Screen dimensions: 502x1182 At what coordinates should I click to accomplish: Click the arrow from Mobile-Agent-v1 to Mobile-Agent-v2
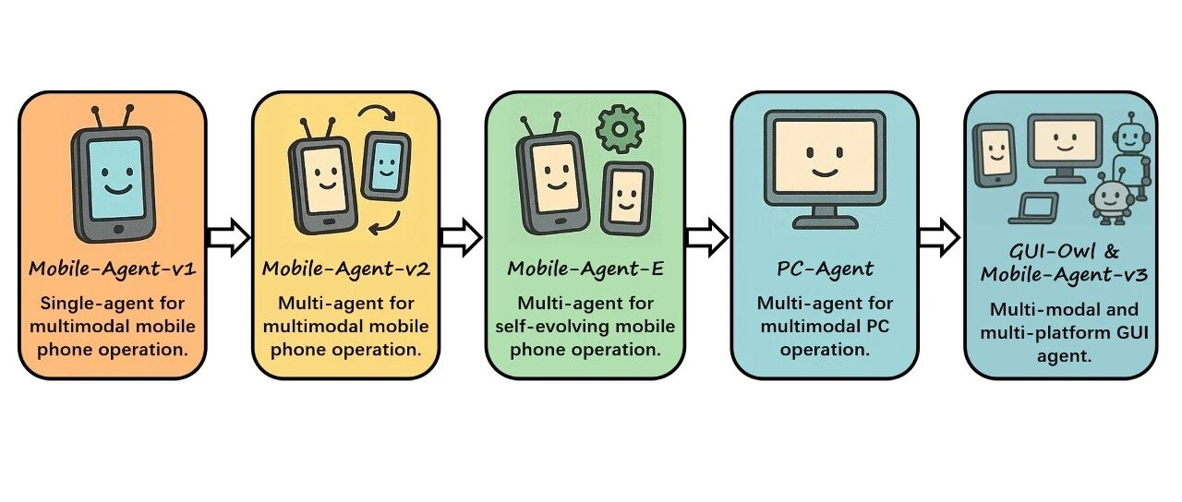[x=228, y=238]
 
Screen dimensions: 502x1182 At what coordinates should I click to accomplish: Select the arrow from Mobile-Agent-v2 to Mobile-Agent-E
[x=461, y=238]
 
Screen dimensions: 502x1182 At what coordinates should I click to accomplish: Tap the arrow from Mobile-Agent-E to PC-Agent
[x=706, y=238]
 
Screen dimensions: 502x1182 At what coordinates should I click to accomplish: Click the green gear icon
[x=619, y=129]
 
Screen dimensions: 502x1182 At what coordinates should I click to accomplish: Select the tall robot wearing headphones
[x=1130, y=157]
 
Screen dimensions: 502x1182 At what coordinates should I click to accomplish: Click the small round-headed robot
[x=1106, y=201]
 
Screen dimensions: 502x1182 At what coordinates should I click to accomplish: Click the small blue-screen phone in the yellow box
[x=386, y=166]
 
